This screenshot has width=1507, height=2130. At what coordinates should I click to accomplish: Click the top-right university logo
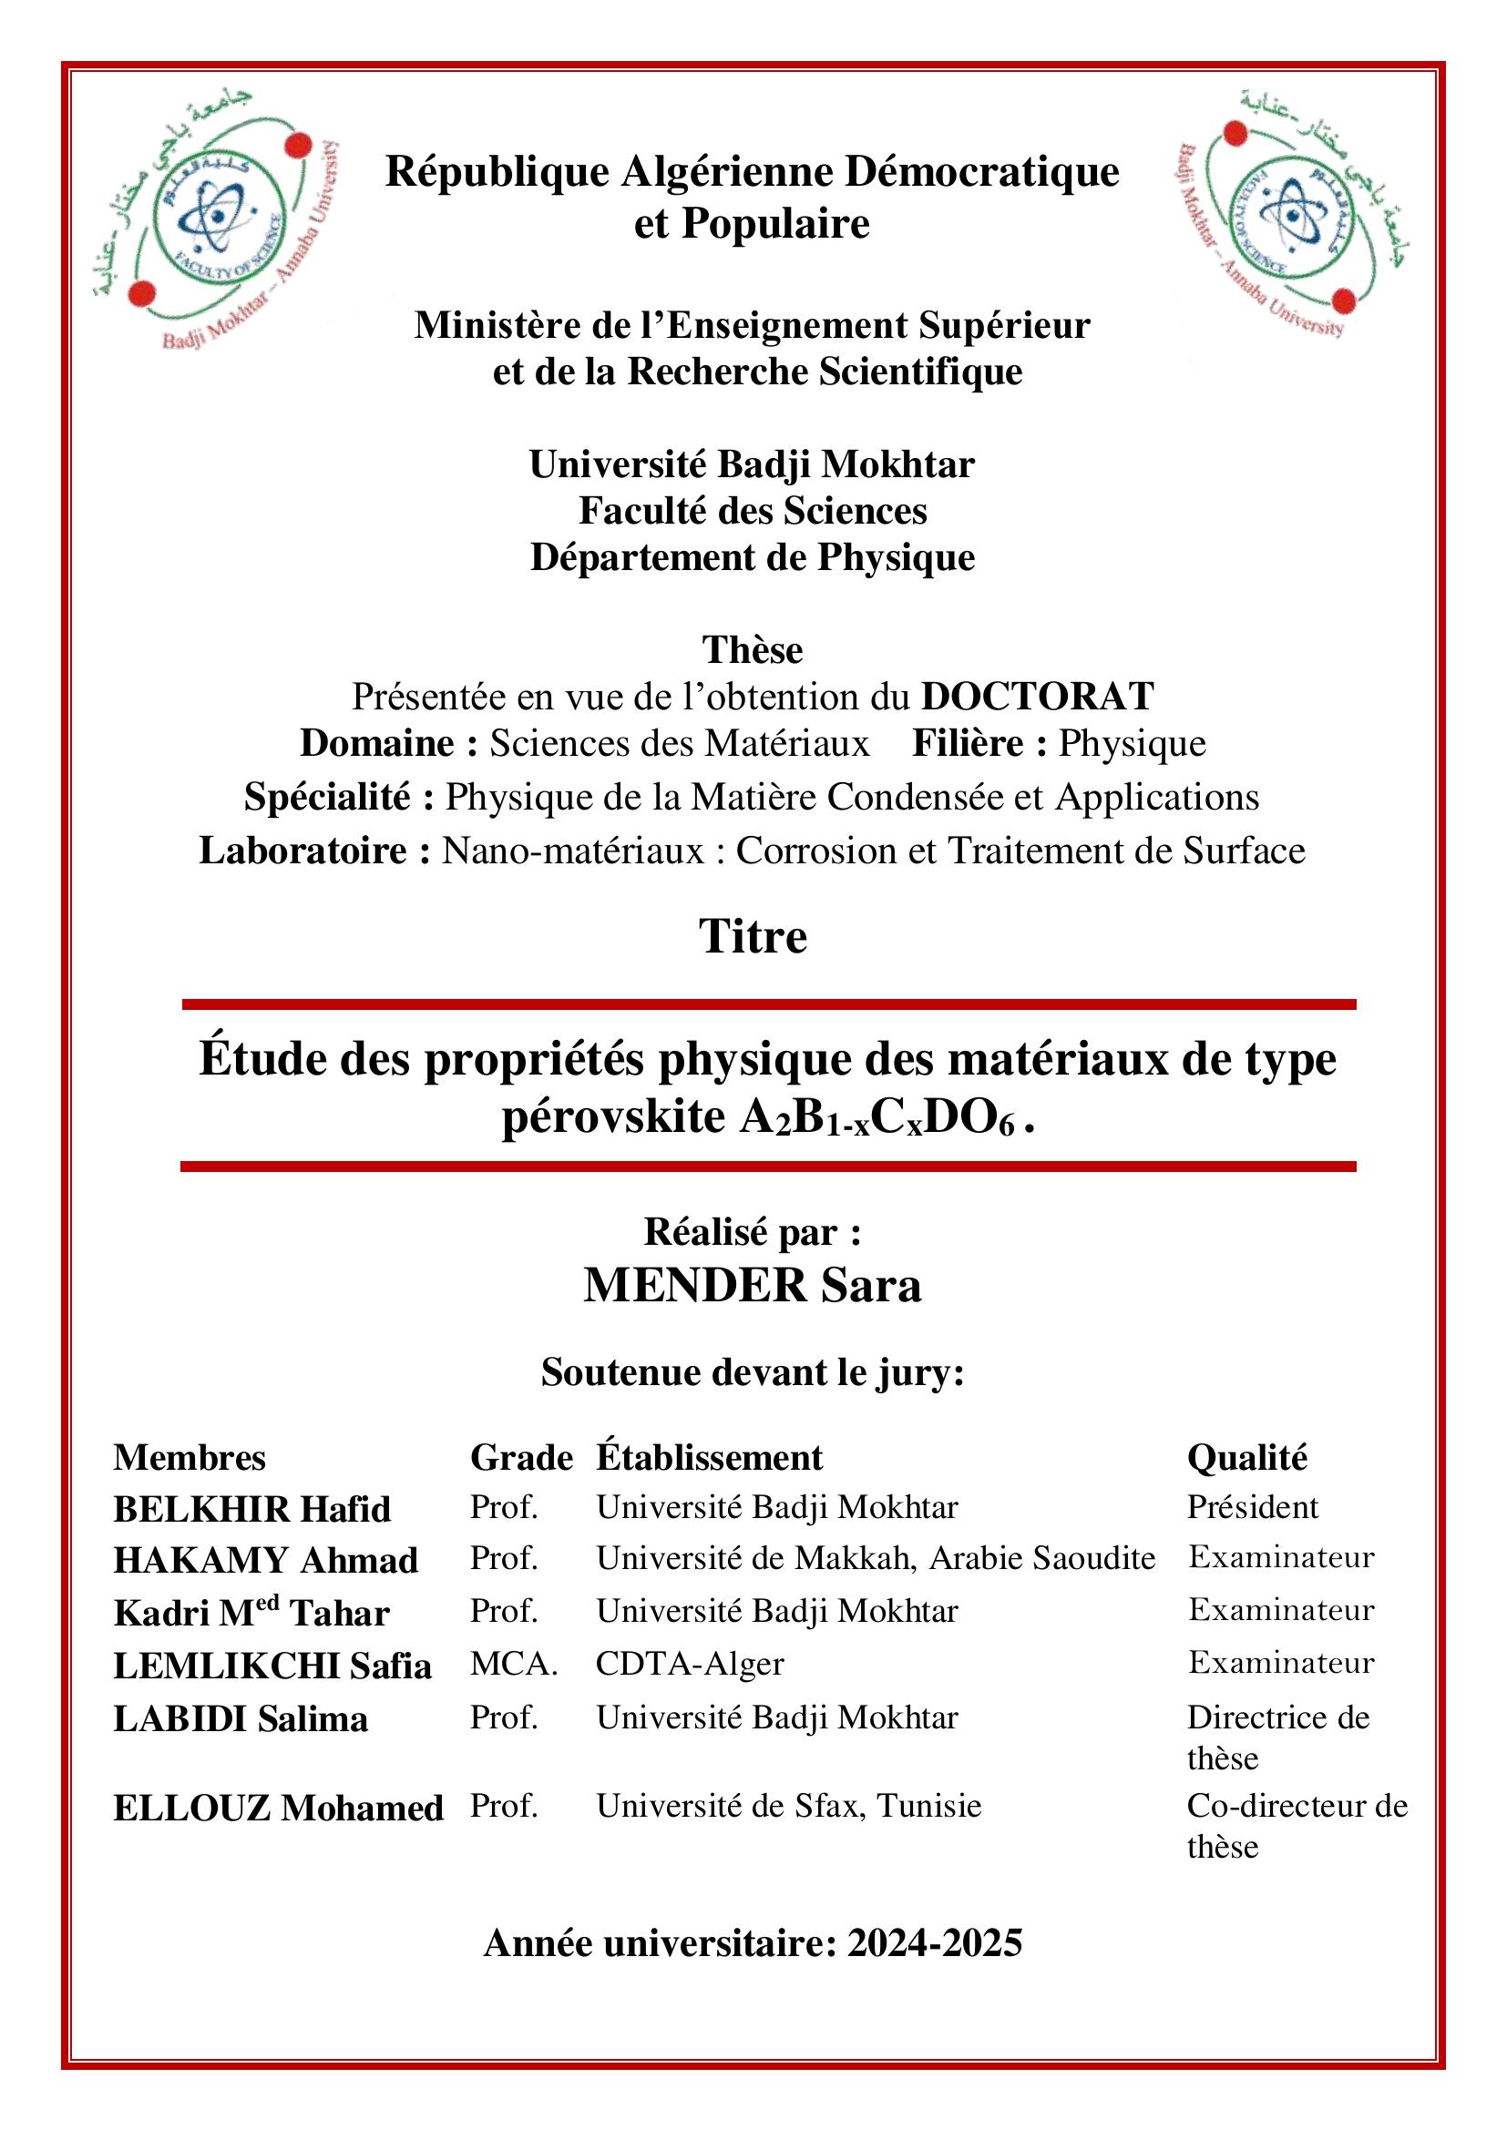[1291, 212]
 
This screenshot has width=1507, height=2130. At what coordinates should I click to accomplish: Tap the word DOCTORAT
[1038, 696]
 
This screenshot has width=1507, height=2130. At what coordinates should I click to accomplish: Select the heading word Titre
[753, 936]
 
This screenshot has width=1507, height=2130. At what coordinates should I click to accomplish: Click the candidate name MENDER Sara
[753, 1286]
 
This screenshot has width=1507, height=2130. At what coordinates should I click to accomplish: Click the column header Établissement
[709, 1457]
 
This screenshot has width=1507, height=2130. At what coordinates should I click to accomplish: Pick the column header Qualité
[1246, 1457]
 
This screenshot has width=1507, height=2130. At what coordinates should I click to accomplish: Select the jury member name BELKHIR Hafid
[251, 1509]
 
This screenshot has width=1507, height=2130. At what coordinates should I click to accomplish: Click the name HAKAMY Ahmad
[265, 1562]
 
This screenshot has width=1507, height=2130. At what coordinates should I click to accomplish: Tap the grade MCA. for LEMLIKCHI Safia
[513, 1664]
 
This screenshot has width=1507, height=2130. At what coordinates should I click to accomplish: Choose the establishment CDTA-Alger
[690, 1664]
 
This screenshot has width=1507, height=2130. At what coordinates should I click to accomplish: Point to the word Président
[1252, 1507]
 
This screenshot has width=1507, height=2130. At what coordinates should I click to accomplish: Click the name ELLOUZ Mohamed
[279, 1809]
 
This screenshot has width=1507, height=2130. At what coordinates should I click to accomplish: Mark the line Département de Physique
[753, 557]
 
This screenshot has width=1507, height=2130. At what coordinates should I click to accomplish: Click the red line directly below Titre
[768, 1004]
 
